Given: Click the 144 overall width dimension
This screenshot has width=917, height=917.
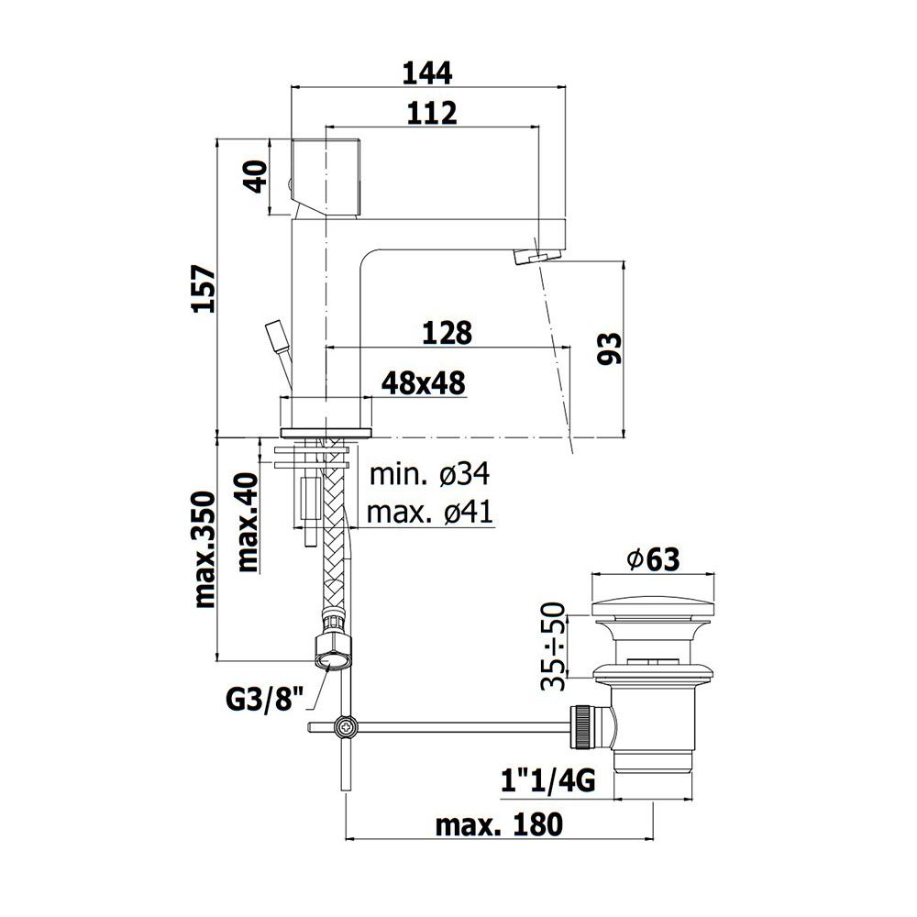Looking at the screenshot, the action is [427, 73].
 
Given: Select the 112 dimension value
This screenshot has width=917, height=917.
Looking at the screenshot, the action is [432, 113].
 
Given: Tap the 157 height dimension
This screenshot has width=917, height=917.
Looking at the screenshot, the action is [204, 288].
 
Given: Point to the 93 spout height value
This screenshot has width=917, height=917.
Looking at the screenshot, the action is [610, 348].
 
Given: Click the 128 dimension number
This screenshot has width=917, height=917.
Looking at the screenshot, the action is [447, 333].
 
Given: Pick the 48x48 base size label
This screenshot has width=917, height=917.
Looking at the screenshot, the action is [424, 383].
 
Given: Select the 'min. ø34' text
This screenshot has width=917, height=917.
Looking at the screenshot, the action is [430, 474].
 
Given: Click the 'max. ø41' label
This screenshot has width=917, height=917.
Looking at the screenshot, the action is [430, 513].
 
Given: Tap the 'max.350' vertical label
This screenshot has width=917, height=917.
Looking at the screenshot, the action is [204, 549].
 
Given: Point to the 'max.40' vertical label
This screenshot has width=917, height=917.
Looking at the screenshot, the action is [248, 523].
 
